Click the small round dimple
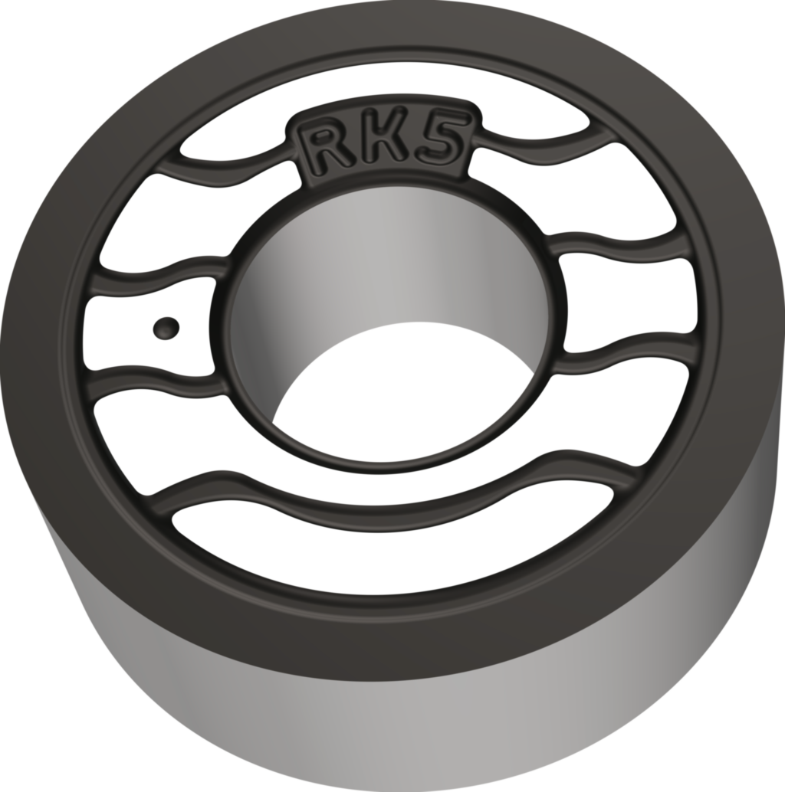click(x=166, y=328)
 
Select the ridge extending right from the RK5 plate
click(x=537, y=146)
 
